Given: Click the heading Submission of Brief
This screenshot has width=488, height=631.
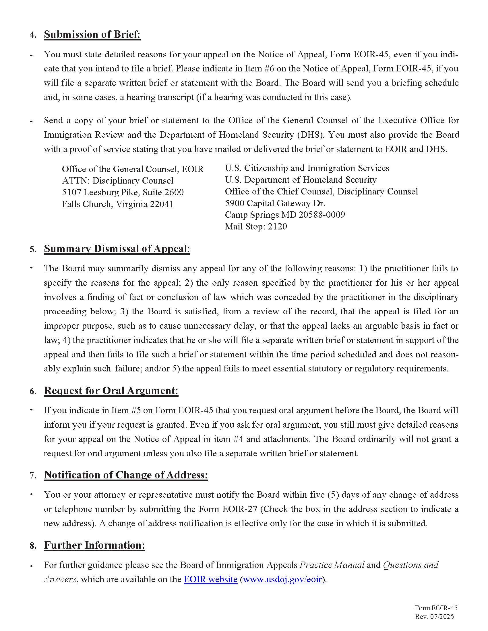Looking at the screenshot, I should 92,34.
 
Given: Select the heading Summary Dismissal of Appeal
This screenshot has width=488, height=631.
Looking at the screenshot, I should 117,249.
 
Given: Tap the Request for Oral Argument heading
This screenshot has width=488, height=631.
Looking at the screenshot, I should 111,391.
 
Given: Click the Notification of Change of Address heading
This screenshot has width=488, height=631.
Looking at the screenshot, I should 126,475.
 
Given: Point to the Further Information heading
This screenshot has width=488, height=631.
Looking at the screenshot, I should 94,545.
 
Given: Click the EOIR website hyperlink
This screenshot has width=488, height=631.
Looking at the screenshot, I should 210,579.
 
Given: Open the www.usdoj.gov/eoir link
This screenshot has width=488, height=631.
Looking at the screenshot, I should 285,579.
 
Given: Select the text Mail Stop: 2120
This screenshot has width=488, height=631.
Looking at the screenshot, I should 256,227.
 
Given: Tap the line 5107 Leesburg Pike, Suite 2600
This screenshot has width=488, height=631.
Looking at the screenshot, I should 123,192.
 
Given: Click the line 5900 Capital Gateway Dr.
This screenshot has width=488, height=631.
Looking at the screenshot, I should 275,203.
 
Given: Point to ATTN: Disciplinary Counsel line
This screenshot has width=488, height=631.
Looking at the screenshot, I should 118,181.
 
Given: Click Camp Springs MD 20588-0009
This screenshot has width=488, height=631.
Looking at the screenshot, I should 285,215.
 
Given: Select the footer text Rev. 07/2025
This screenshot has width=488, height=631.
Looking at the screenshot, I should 434,617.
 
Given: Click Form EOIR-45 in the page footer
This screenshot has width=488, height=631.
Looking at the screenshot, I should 436,608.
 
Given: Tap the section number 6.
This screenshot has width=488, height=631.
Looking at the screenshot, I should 33,392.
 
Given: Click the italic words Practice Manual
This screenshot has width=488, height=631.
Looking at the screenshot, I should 332,565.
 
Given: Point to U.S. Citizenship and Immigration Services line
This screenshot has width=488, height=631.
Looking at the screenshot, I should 307,168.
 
